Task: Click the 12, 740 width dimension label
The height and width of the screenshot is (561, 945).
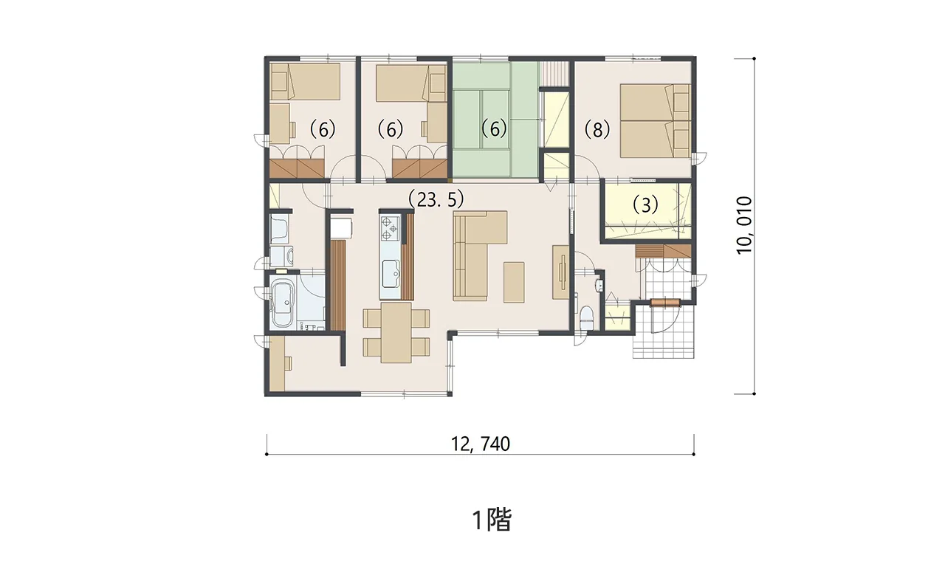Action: (x=481, y=444)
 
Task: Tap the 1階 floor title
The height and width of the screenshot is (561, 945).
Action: (x=492, y=520)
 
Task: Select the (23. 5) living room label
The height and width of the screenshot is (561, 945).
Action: (x=436, y=199)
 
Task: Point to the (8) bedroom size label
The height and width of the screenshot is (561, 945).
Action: (x=597, y=129)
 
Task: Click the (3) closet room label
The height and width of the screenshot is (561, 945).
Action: (x=645, y=204)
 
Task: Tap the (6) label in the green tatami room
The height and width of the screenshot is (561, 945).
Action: (x=494, y=128)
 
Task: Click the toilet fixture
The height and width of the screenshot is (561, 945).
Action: (x=586, y=318)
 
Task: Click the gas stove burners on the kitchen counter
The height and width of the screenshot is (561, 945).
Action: (x=389, y=228)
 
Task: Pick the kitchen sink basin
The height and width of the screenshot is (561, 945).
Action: (x=391, y=274)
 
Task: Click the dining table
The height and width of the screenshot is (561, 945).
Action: (x=396, y=332)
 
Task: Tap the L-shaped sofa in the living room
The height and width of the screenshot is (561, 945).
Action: (x=480, y=255)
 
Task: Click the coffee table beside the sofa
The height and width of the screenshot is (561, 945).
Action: (x=514, y=282)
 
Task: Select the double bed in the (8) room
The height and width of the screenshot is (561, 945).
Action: (x=655, y=120)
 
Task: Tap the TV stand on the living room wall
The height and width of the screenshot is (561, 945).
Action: (x=561, y=272)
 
